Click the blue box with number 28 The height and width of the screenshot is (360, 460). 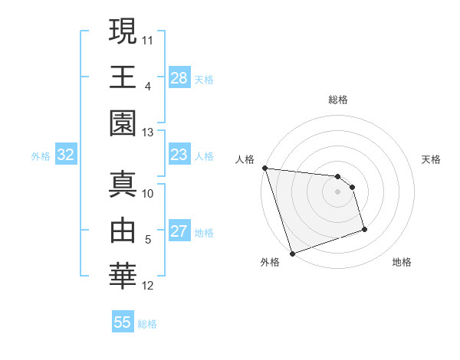(x=179, y=77)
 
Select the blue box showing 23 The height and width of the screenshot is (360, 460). (x=179, y=155)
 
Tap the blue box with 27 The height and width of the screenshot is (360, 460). (x=179, y=231)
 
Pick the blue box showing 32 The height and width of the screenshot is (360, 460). (x=66, y=155)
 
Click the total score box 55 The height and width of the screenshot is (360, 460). (x=123, y=322)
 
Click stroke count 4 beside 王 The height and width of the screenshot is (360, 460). (x=147, y=87)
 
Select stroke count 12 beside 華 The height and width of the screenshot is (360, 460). (x=148, y=286)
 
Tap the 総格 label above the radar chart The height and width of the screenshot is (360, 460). (x=338, y=100)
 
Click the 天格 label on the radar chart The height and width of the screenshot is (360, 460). (x=431, y=159)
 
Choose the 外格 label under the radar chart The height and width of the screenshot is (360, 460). (x=270, y=262)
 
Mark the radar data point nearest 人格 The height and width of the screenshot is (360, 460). (x=264, y=168)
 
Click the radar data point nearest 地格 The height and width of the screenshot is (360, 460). (x=364, y=230)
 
